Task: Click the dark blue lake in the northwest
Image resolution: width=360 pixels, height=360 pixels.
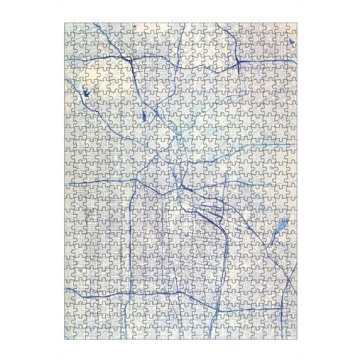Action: point(86,93)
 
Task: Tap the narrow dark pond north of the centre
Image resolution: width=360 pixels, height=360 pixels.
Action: point(145,116)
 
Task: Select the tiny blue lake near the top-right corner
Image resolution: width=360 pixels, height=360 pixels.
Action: point(291,41)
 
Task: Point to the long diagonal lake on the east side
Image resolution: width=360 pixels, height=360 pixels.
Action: point(280,229)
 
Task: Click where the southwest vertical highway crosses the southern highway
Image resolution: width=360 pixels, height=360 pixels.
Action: point(130,295)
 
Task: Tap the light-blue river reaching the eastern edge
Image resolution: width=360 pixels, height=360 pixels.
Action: point(264,146)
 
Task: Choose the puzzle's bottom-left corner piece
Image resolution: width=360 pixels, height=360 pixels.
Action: point(70,333)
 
